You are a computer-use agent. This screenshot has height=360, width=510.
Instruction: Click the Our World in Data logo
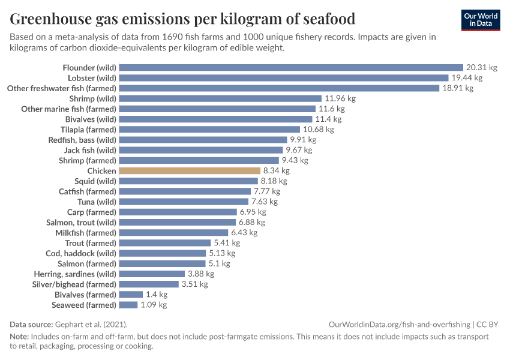(481, 20)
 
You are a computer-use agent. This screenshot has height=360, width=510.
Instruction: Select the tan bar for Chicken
(190, 171)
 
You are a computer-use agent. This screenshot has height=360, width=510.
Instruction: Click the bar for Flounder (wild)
(292, 68)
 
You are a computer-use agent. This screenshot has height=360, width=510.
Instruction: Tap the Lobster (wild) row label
(92, 78)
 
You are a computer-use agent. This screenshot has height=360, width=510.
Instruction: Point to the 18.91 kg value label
(458, 88)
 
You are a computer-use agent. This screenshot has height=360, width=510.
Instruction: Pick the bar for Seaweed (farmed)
(128, 305)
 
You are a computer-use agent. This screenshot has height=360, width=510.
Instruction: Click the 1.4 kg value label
(157, 295)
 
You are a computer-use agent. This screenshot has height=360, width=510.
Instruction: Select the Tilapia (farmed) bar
(209, 130)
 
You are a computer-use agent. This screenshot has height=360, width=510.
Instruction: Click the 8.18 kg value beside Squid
(274, 181)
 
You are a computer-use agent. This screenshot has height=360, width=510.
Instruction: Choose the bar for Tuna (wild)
(184, 202)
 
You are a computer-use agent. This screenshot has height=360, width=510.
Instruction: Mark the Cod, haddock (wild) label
(81, 253)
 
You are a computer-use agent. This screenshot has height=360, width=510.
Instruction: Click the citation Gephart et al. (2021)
(92, 324)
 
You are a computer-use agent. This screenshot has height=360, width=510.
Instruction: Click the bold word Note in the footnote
(19, 337)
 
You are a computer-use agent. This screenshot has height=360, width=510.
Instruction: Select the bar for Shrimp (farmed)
(199, 161)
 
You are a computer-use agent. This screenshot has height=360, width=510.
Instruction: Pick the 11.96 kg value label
(340, 98)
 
